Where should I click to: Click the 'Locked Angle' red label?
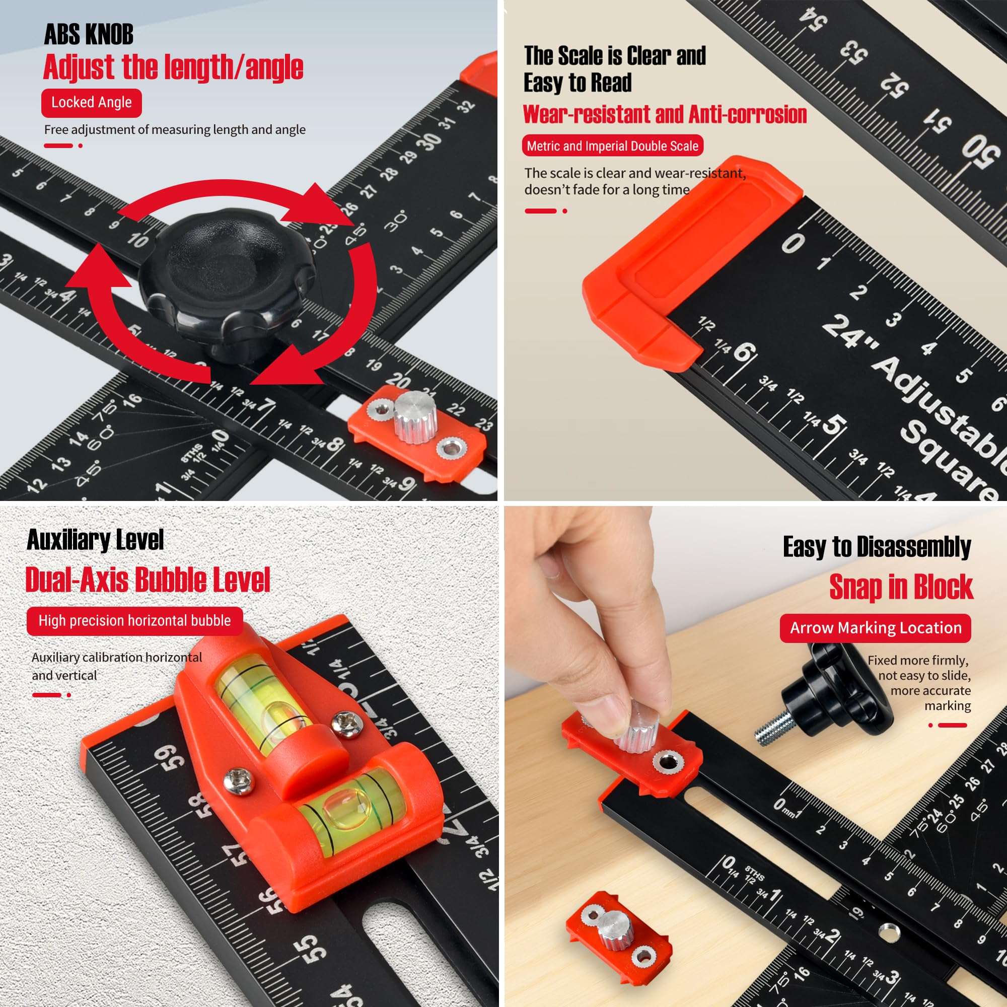point(91,103)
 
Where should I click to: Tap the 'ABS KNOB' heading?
point(89,34)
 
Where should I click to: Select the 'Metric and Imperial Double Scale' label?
point(612,146)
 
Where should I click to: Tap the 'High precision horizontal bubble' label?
point(134,621)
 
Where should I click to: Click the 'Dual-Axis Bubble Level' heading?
point(148,580)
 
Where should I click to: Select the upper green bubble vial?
point(263,704)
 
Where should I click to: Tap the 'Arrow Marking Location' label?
point(876,628)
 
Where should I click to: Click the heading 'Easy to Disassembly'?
point(877,547)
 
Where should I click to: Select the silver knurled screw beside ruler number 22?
point(414,417)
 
